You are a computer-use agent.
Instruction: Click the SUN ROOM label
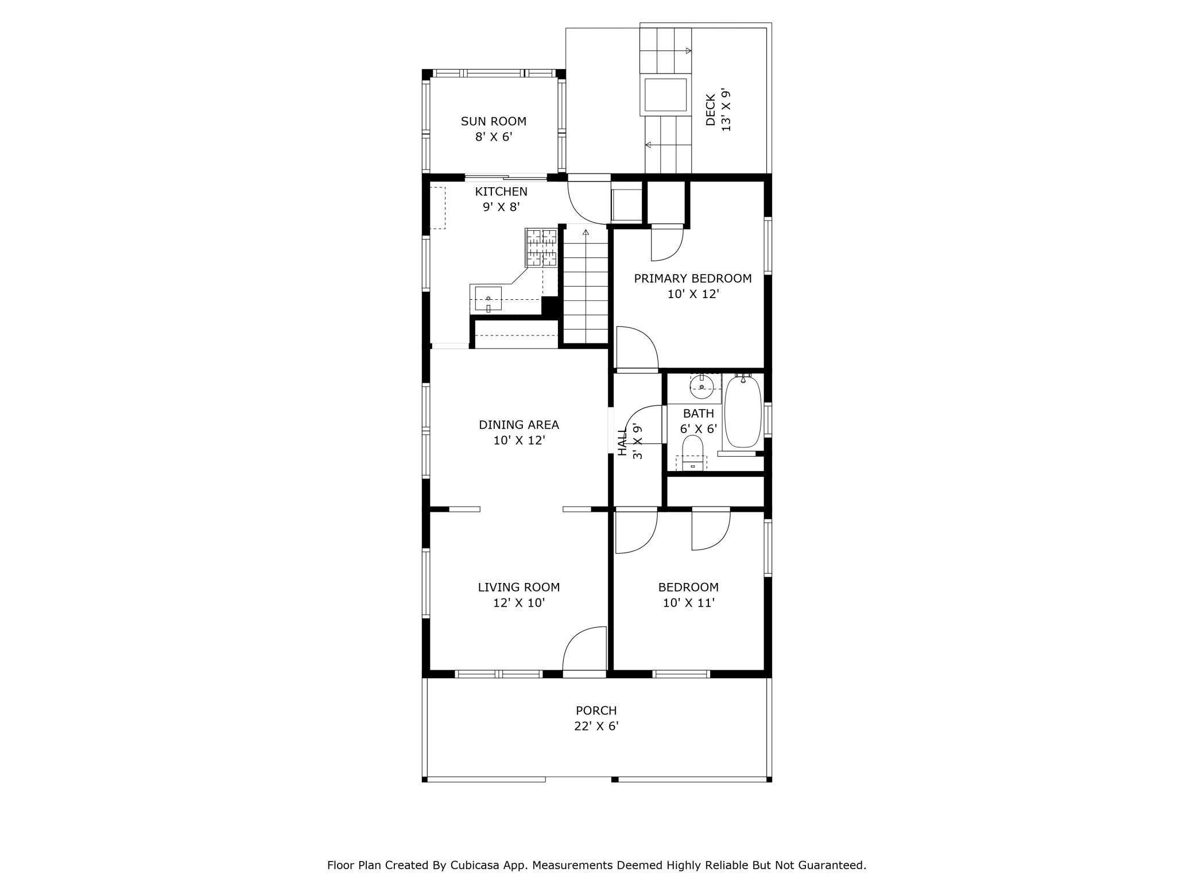(x=494, y=121)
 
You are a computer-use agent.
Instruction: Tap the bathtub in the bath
(x=743, y=411)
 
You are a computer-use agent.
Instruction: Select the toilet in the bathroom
(x=693, y=453)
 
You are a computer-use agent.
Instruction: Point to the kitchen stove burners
(x=541, y=248)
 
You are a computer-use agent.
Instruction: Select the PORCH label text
(x=596, y=710)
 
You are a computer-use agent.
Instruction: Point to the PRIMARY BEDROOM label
(x=693, y=279)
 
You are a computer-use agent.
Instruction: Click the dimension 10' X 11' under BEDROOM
(x=688, y=603)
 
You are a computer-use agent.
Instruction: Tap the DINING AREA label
(x=519, y=425)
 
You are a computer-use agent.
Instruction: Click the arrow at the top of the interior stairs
(x=586, y=233)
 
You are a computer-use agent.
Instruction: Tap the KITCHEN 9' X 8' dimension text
(x=501, y=207)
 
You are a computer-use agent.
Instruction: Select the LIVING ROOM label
(x=519, y=587)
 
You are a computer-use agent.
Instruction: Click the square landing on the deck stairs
(x=666, y=95)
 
